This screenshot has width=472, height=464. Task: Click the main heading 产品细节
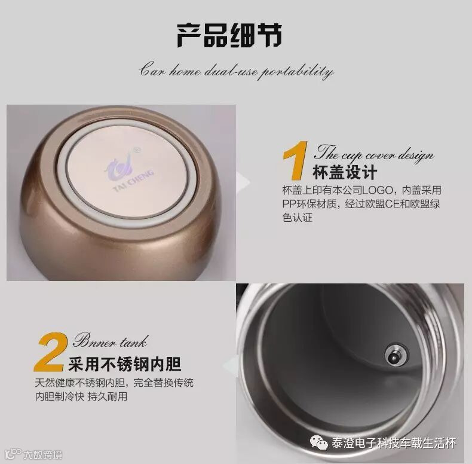[229, 35]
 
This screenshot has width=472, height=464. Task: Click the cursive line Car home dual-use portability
[237, 71]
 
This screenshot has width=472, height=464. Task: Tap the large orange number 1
[296, 161]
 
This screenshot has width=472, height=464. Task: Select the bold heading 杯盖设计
[345, 172]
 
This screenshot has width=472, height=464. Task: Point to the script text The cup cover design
[375, 153]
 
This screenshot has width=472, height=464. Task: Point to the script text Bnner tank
[111, 341]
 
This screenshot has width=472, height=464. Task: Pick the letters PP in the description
[289, 204]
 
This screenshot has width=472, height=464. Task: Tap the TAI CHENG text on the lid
[134, 181]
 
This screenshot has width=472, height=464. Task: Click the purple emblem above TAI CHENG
[119, 167]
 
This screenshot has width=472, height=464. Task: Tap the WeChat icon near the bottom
[318, 442]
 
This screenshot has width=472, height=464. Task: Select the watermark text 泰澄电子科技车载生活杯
[394, 443]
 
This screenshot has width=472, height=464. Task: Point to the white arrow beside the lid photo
[243, 182]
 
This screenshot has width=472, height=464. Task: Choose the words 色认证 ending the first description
[298, 218]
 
